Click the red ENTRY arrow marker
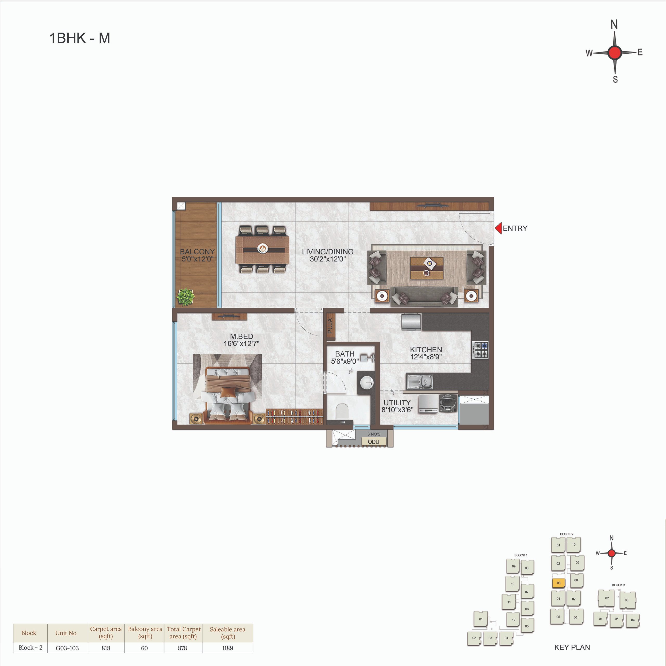498,228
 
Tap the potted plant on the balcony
186,297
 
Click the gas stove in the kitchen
481,350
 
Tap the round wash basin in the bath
367,382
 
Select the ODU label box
374,441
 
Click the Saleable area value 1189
228,648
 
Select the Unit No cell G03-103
67,648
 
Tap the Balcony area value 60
144,648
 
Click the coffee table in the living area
427,268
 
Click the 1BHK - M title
80,38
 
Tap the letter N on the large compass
614,25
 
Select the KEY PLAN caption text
572,647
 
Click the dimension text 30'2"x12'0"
328,259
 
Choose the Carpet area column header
106,632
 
